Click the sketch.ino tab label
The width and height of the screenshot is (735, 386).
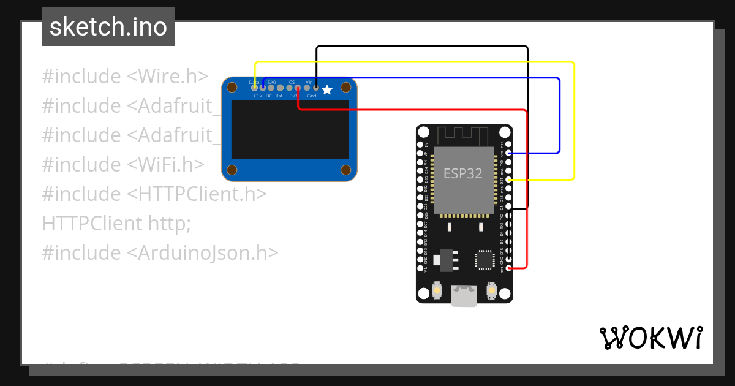108,27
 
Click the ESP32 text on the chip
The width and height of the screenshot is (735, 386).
463,173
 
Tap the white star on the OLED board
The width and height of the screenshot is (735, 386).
327,90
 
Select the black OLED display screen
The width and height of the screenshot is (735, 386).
290,129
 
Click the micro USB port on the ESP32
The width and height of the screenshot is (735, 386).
464,297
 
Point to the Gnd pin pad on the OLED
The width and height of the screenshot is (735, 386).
315,88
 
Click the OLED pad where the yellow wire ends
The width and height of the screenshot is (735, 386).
255,88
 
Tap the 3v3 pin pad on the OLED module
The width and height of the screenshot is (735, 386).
298,88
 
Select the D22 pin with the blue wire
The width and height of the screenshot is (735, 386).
508,153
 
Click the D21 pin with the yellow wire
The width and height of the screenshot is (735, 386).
508,180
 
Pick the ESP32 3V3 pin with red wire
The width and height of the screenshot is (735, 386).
508,268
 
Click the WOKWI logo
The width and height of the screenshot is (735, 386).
651,338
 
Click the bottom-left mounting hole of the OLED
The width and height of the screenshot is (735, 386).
232,170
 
